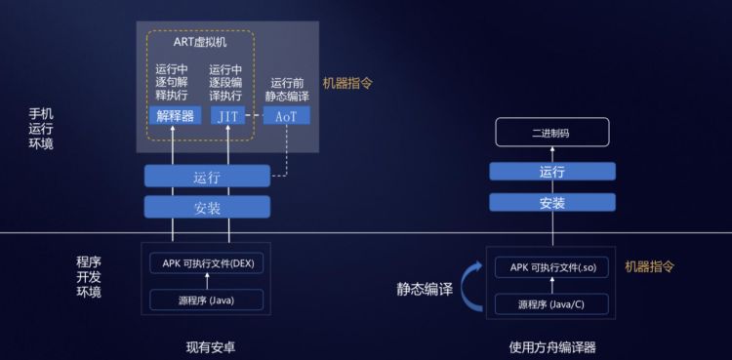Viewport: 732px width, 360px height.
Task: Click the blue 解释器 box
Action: click(x=175, y=115)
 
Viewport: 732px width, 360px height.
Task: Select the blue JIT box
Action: click(x=227, y=115)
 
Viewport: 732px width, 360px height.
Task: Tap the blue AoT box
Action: click(x=286, y=115)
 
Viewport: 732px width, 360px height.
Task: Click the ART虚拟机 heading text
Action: click(x=200, y=42)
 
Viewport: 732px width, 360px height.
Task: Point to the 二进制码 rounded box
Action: click(x=552, y=132)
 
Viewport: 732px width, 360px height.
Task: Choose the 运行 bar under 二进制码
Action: click(x=552, y=172)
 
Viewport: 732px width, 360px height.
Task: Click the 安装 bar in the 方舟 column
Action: click(x=552, y=202)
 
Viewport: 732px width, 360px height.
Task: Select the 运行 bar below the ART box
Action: click(x=207, y=176)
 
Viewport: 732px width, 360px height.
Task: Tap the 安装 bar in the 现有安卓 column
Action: click(x=207, y=207)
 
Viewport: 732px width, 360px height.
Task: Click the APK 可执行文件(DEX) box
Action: click(x=207, y=262)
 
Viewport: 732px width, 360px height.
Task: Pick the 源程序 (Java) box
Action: click(x=207, y=300)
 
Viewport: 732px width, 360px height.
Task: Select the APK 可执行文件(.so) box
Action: click(x=552, y=267)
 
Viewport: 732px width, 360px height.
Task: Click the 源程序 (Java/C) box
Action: click(x=552, y=304)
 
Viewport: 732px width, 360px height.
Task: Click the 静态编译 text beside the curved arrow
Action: click(x=425, y=289)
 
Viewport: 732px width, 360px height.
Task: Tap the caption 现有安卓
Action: click(x=211, y=347)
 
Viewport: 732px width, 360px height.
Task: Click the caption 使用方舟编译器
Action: click(x=552, y=347)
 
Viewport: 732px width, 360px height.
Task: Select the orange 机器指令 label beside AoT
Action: click(x=347, y=84)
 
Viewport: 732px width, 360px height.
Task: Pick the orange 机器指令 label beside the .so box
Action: click(x=650, y=266)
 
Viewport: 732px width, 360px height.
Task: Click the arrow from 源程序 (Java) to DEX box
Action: click(x=207, y=282)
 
